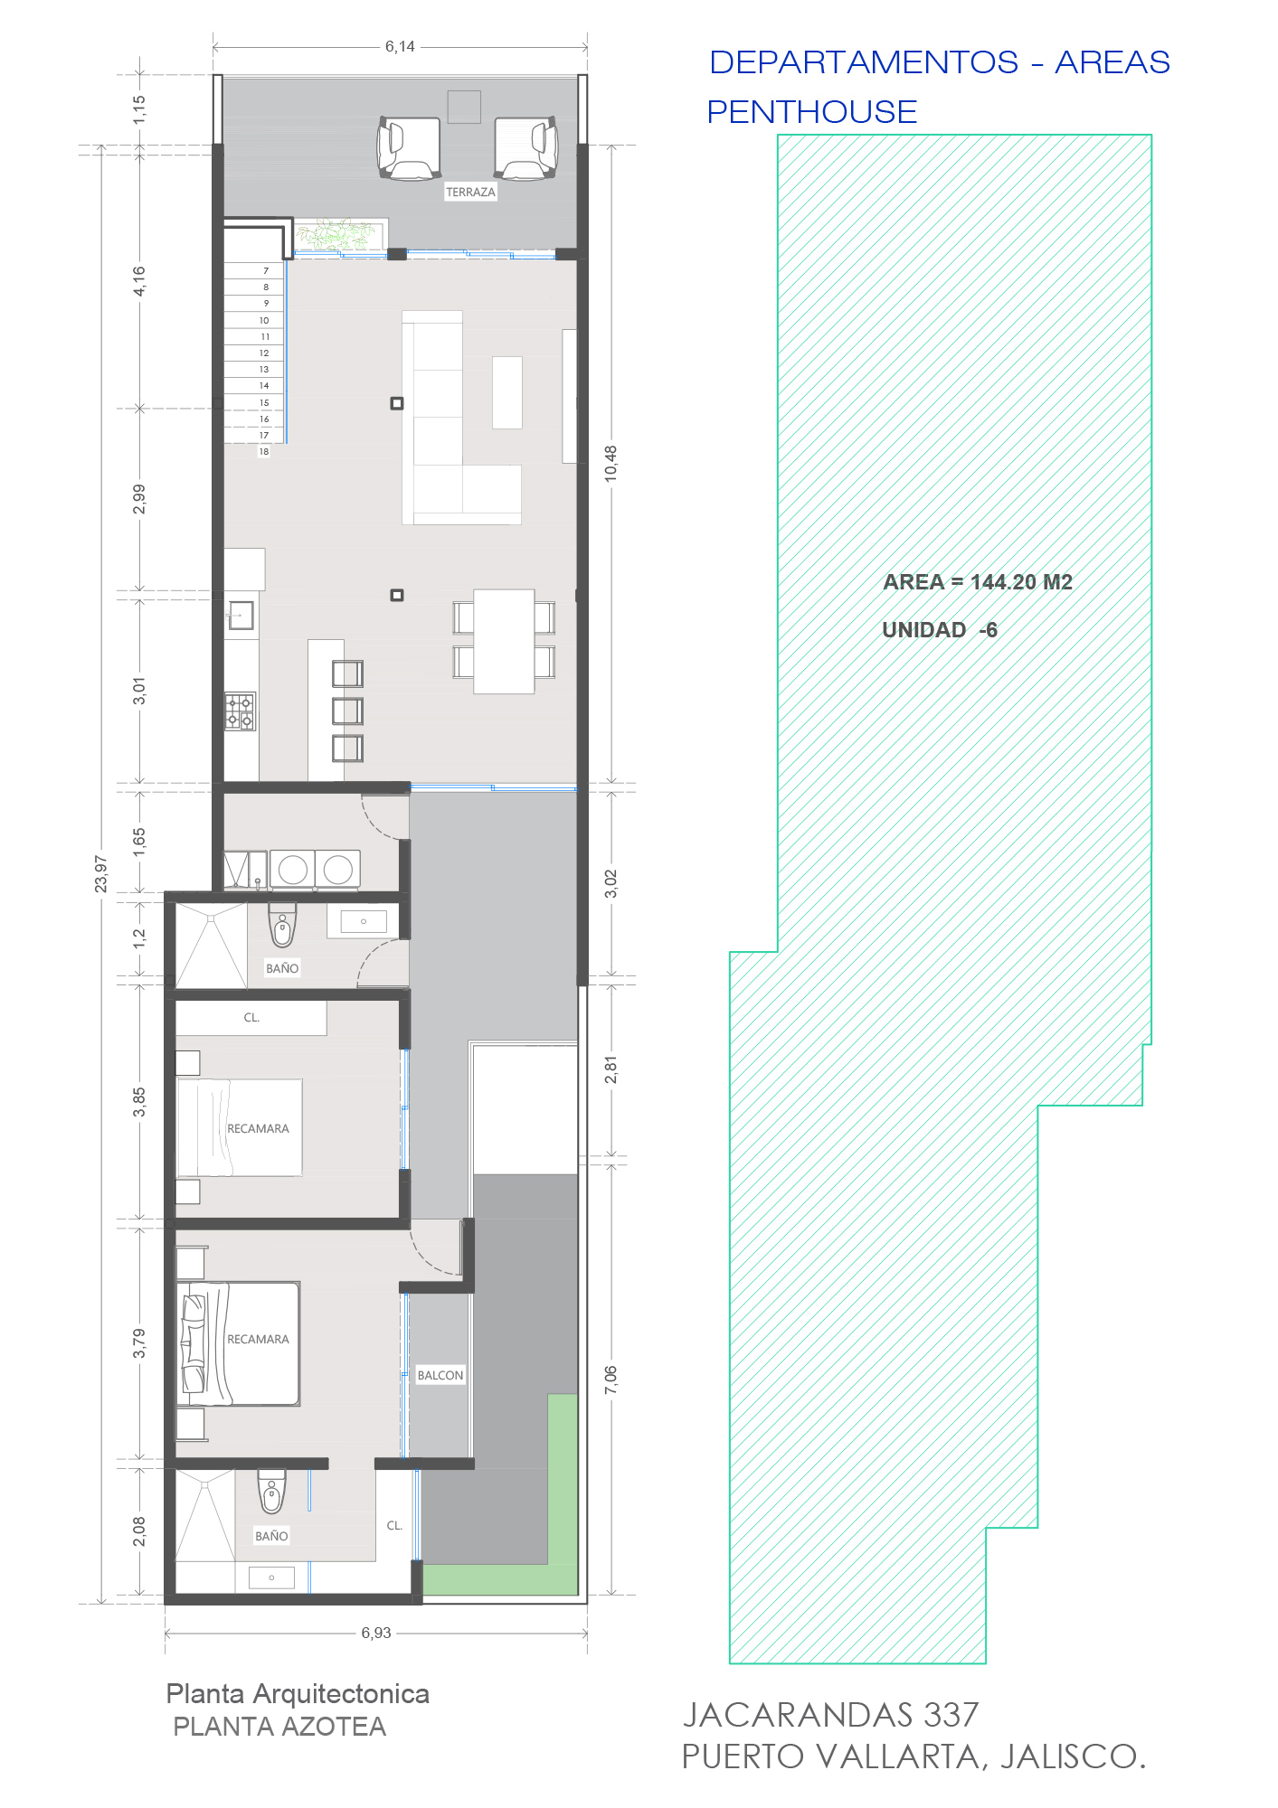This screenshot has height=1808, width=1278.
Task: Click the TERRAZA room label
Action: pyautogui.click(x=470, y=193)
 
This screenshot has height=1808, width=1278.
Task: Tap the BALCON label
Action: pyautogui.click(x=440, y=1375)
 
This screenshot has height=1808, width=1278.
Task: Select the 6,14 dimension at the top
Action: pyautogui.click(x=400, y=46)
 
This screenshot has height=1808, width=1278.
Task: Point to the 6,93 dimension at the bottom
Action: pyautogui.click(x=376, y=1633)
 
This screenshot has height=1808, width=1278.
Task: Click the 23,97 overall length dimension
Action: pyautogui.click(x=101, y=874)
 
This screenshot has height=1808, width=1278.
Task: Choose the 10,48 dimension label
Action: pyautogui.click(x=611, y=463)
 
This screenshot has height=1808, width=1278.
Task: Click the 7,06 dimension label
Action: pyautogui.click(x=611, y=1380)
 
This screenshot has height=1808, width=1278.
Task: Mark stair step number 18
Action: pyautogui.click(x=264, y=451)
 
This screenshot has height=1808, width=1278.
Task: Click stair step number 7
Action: pyautogui.click(x=266, y=270)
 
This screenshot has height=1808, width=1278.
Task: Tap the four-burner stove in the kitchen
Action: pyautogui.click(x=241, y=711)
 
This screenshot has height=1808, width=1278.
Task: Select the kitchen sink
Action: pyautogui.click(x=241, y=616)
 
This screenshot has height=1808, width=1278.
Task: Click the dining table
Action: pyautogui.click(x=504, y=641)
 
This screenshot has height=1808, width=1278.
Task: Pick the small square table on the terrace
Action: pyautogui.click(x=464, y=107)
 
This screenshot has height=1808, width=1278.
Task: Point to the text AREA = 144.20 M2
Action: pyautogui.click(x=978, y=582)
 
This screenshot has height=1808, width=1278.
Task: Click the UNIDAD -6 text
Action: pyautogui.click(x=940, y=630)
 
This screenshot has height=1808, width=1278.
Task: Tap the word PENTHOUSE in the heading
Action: pyautogui.click(x=812, y=112)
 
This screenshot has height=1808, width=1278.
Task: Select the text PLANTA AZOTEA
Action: pyautogui.click(x=279, y=1727)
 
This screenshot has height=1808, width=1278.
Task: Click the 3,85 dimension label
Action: pyautogui.click(x=139, y=1102)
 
